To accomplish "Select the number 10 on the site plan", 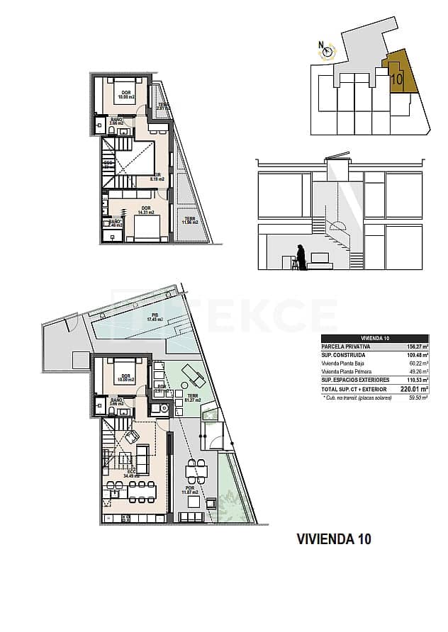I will pyautogui.click(x=397, y=79).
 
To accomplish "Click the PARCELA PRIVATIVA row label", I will pyautogui.click(x=347, y=347).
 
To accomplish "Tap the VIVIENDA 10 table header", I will pyautogui.click(x=373, y=338).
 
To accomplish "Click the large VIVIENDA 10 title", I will pyautogui.click(x=333, y=539).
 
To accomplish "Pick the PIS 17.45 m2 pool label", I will pyautogui.click(x=155, y=317).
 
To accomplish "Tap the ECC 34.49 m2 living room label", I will pyautogui.click(x=132, y=473).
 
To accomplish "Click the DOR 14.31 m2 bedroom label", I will pyautogui.click(x=146, y=210).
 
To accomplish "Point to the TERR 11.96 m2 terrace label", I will pyautogui.click(x=190, y=221).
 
